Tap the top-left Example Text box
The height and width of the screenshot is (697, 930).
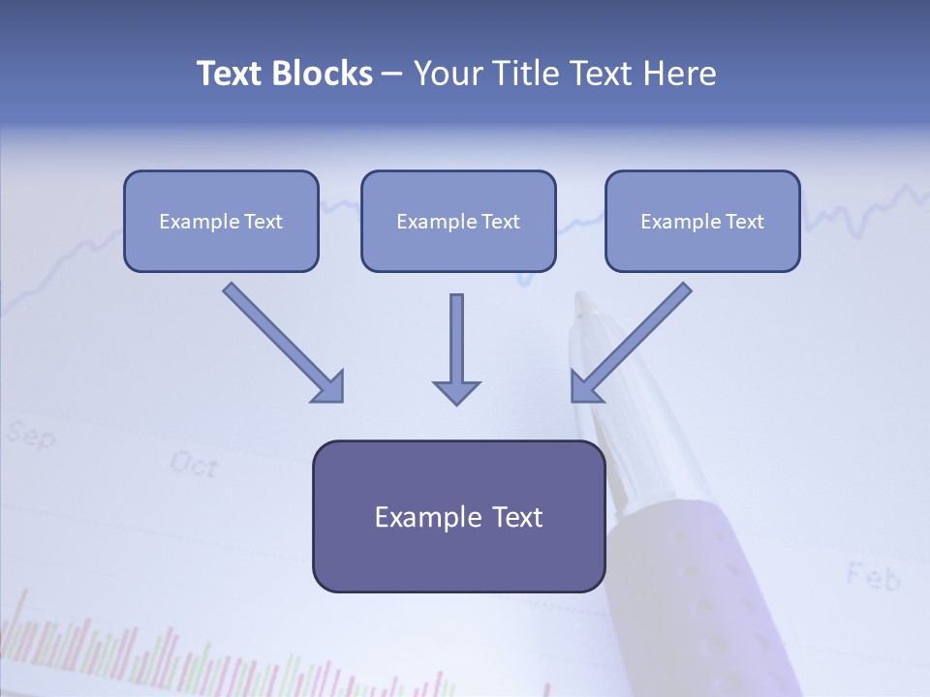tap(221, 221)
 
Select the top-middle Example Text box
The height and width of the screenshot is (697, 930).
tap(458, 221)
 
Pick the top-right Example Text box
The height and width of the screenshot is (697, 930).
tap(702, 221)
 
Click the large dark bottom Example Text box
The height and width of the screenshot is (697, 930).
tap(458, 516)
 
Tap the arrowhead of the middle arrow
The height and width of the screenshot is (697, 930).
tap(456, 391)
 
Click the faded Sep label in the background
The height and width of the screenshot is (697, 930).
tap(30, 436)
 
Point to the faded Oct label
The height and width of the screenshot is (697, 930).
tap(193, 465)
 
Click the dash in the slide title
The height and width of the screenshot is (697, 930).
tap(392, 74)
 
